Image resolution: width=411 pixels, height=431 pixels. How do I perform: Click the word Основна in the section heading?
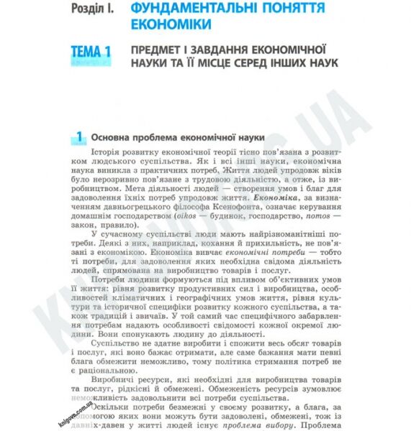coord(115,137)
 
